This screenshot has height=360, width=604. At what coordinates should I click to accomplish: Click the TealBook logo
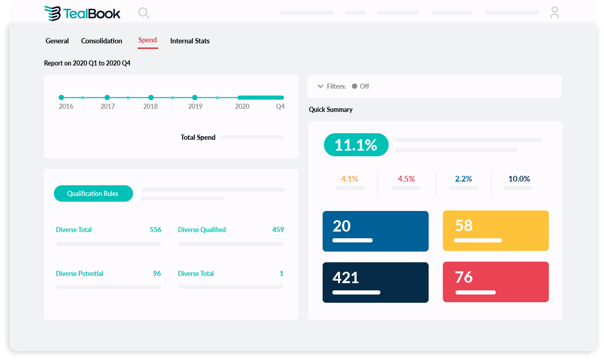tap(82, 13)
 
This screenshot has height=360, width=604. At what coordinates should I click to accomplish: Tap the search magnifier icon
tap(144, 13)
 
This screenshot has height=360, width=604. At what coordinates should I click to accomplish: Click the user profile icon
tap(555, 12)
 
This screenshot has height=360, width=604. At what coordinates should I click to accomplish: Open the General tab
tap(57, 41)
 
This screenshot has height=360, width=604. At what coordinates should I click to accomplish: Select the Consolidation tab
tap(102, 41)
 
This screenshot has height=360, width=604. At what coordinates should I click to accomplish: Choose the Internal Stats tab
tap(190, 41)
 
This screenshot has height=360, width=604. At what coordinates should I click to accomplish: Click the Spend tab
tap(147, 40)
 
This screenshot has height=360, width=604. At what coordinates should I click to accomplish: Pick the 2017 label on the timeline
tap(108, 106)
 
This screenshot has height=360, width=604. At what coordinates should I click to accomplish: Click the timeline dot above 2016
tap(61, 97)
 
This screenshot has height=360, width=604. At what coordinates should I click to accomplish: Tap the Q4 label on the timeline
tap(280, 106)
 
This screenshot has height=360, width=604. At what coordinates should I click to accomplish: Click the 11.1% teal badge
tap(356, 145)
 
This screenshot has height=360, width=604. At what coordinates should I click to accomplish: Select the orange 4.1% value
tap(349, 179)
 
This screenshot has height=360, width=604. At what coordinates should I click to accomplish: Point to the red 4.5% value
tap(406, 179)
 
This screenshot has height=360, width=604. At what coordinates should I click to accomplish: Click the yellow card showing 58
tap(495, 231)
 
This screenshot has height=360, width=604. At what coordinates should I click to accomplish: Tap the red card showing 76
tap(495, 282)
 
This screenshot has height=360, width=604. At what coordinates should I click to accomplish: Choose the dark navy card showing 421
tap(375, 282)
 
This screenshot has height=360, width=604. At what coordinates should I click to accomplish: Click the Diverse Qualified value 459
tap(278, 230)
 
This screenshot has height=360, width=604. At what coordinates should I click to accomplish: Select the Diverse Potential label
tap(79, 273)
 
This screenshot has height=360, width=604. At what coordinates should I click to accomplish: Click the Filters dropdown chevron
tap(321, 86)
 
